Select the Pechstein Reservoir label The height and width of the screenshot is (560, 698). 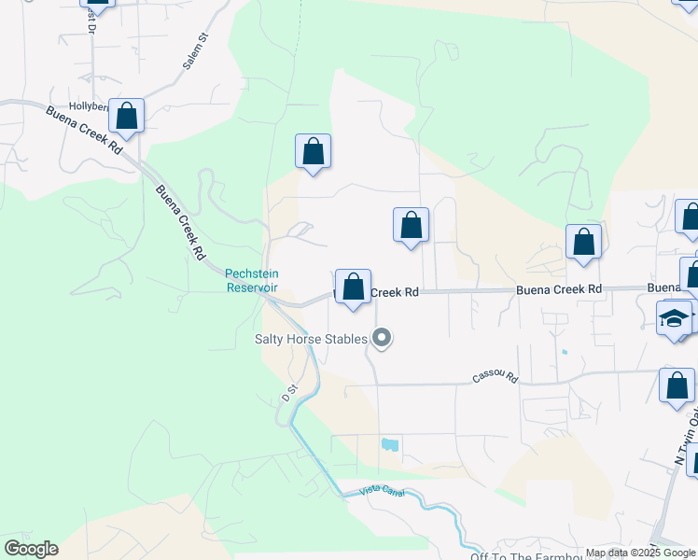tap(251, 280)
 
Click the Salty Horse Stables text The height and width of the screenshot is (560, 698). tap(311, 339)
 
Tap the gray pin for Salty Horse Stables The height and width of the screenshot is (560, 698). tap(381, 338)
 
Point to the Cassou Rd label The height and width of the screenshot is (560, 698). tap(495, 375)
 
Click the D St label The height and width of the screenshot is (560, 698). tap(289, 392)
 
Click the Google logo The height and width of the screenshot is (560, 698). tap(31, 549)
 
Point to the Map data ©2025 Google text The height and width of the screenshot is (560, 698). tap(641, 553)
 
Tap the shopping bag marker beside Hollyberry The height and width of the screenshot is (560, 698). tap(127, 117)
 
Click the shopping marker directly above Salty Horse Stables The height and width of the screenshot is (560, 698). tap(354, 287)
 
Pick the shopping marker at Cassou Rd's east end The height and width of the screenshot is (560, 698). tap(677, 385)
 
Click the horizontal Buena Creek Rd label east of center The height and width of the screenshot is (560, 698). tap(559, 290)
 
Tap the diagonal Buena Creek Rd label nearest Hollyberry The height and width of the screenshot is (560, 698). tap(84, 130)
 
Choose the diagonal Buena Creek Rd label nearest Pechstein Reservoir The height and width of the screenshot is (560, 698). tap(181, 223)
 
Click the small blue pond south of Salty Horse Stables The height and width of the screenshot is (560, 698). tap(390, 446)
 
